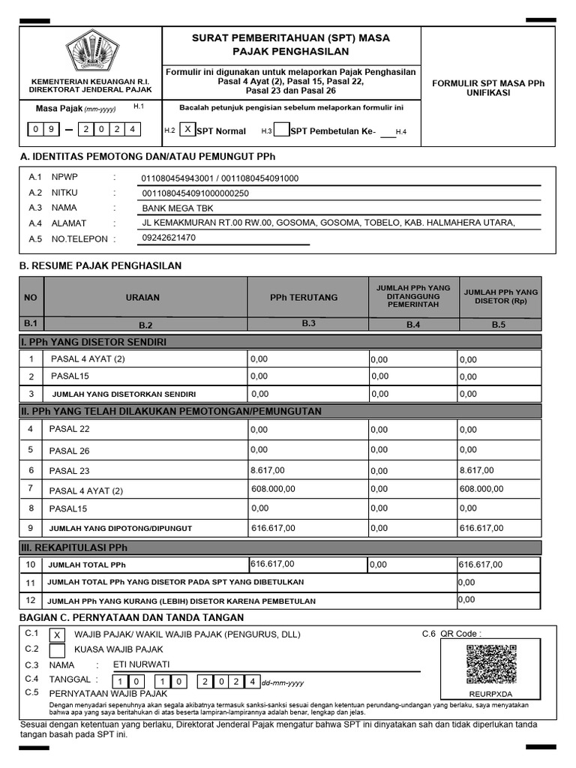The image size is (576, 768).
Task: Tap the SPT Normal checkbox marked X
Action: coord(187,130)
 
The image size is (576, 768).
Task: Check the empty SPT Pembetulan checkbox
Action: coord(280,131)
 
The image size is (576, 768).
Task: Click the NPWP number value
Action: coord(220,178)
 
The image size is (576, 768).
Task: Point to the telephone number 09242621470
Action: coord(169,238)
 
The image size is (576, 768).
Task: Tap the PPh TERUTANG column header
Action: coord(304,297)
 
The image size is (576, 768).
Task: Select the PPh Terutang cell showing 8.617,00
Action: coord(268,469)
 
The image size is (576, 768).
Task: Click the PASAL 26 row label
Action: coord(69,451)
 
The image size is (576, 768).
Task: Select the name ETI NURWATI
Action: coord(141,664)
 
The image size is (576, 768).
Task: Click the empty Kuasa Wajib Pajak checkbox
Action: coord(57,649)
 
